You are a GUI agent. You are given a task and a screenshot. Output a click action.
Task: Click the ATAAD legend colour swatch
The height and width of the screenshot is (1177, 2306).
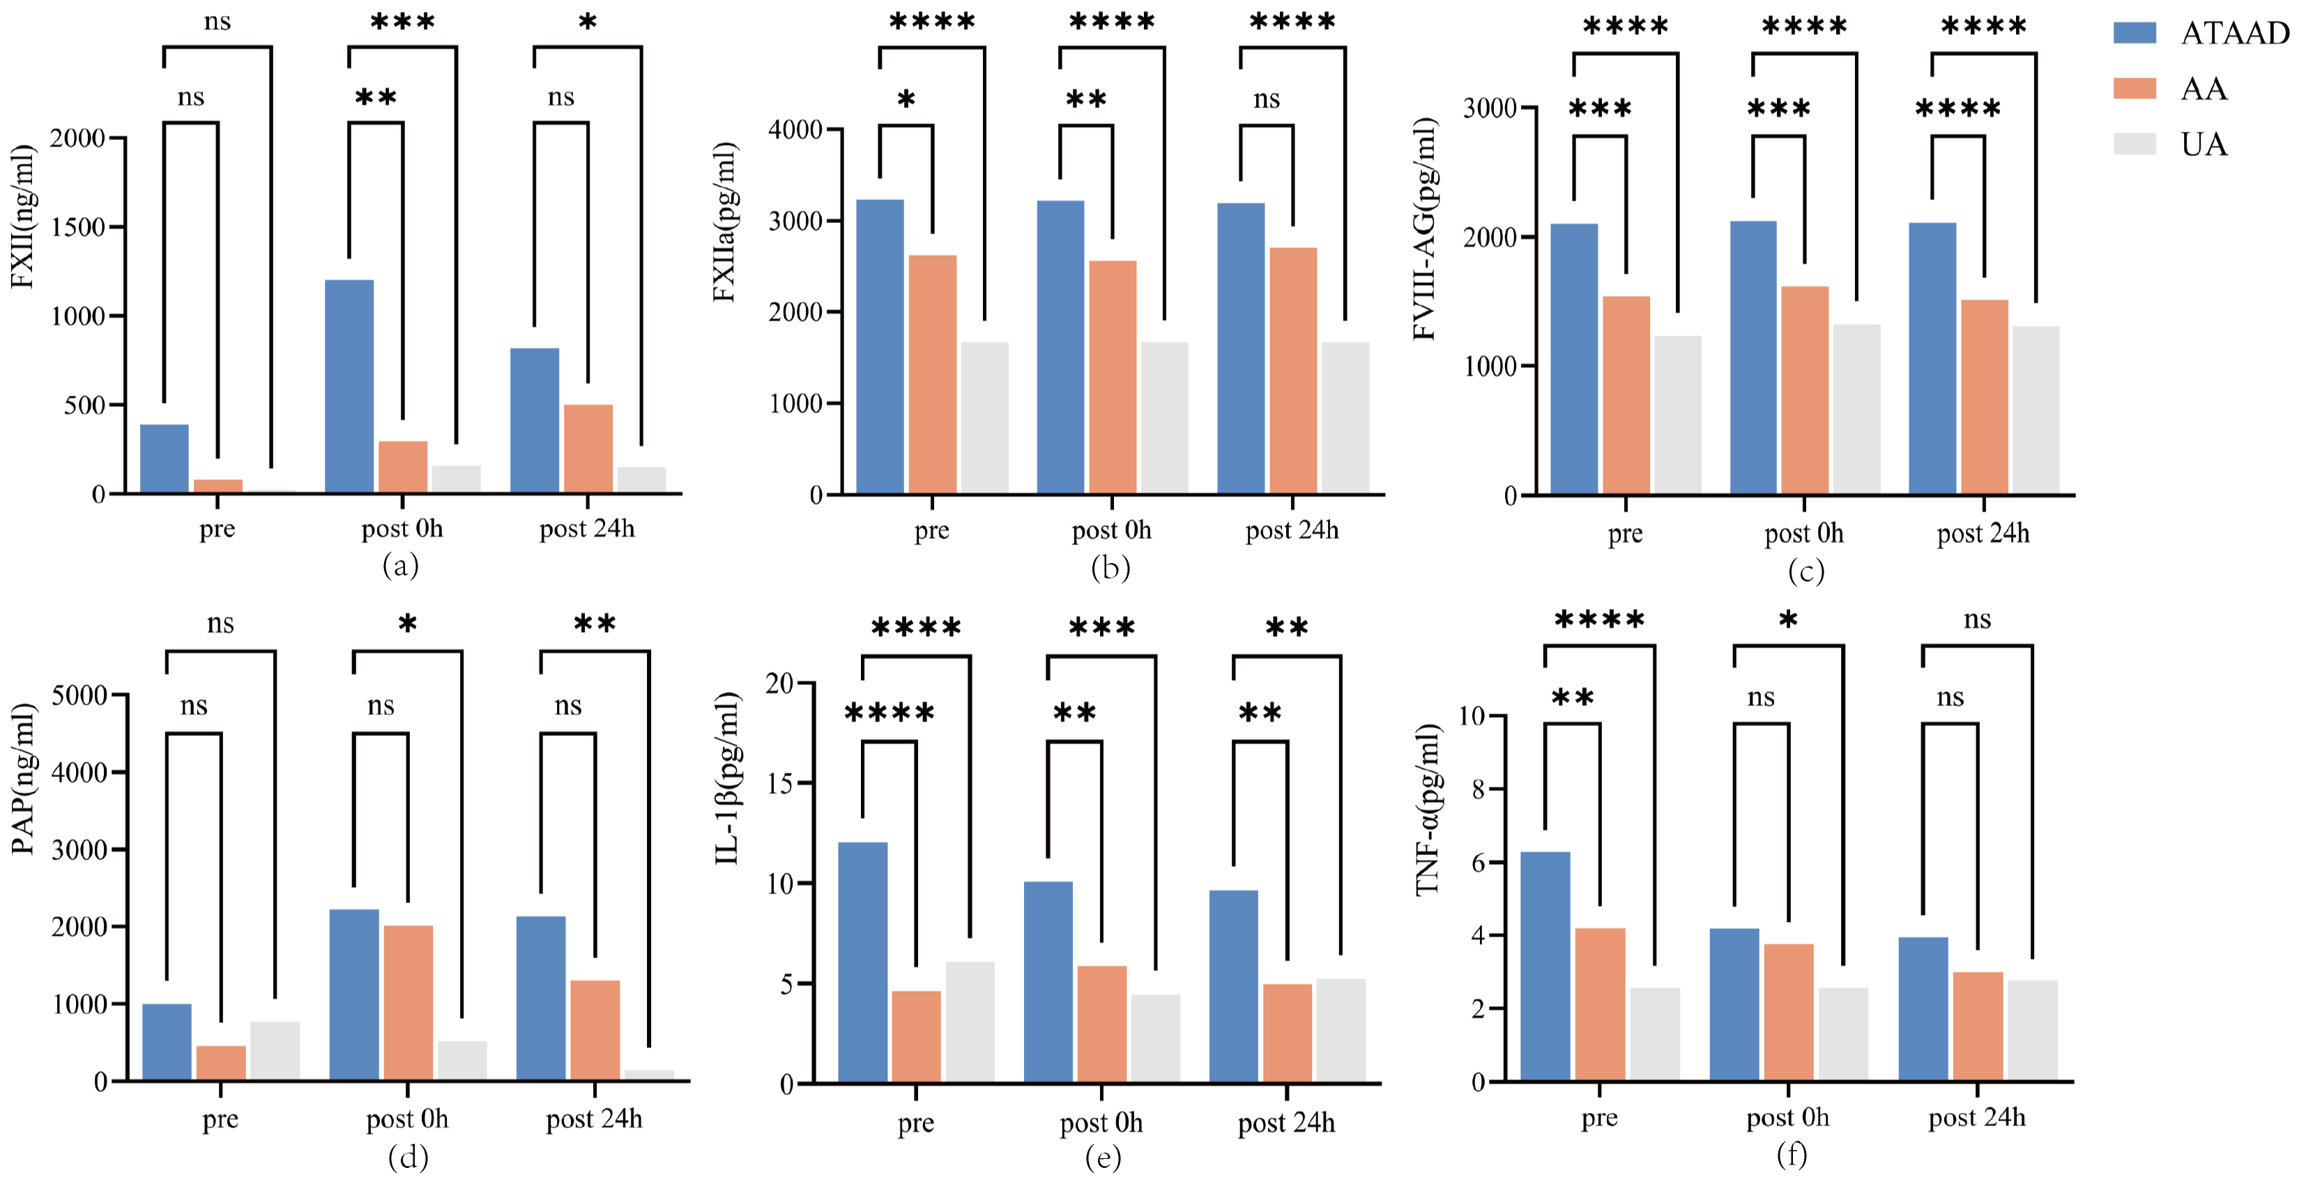[x=2134, y=33]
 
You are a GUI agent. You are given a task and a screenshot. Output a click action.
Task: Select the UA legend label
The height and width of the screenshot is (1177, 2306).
[x=2204, y=144]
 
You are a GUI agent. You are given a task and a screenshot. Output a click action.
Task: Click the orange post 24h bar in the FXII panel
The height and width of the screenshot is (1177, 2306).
[x=588, y=448]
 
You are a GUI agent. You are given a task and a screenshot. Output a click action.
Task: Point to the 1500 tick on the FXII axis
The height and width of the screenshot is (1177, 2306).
[x=78, y=227]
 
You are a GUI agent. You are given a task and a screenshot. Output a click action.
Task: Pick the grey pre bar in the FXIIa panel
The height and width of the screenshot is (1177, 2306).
[x=985, y=417]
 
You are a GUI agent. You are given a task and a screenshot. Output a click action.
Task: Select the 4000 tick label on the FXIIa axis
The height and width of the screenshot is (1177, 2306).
[x=795, y=130]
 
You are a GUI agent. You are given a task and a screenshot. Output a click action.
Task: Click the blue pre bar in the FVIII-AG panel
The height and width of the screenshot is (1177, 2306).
[x=1574, y=359]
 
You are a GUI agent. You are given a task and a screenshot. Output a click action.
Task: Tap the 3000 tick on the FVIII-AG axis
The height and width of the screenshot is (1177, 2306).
[x=1490, y=108]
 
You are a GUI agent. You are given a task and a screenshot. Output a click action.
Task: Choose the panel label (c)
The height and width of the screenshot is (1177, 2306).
[x=1805, y=571]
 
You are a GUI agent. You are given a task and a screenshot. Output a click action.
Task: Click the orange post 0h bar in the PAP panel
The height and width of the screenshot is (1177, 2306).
[x=408, y=1003]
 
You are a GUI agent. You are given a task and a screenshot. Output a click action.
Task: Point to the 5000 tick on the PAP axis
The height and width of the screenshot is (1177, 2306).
[x=79, y=695]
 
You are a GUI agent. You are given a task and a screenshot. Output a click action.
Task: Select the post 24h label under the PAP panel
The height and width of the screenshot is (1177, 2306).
[x=595, y=1119]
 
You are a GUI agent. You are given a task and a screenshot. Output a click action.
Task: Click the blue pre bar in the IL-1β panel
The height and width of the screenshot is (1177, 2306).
[x=863, y=962]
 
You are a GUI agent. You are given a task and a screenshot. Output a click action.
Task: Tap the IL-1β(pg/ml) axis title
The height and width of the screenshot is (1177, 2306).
[x=728, y=778]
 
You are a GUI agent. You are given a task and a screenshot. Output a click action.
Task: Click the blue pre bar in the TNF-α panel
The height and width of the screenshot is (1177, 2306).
[x=1545, y=966]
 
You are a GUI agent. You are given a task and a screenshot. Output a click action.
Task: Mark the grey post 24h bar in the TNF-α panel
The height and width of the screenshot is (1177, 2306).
[x=2032, y=1030]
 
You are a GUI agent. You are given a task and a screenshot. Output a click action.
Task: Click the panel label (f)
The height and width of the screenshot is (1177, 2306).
[x=1790, y=1155]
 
